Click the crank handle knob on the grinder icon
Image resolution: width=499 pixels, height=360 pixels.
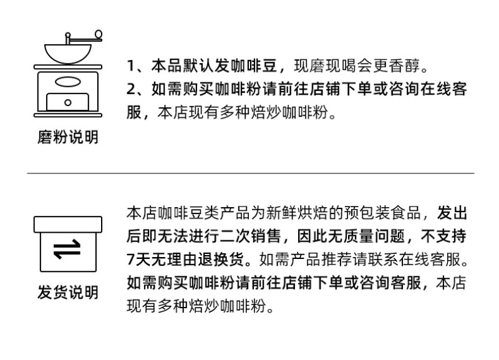[x=99, y=34]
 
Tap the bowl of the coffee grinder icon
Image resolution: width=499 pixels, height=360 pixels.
[x=68, y=54]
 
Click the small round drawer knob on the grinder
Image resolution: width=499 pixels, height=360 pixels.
[x=68, y=102]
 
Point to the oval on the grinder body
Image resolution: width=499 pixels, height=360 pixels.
[x=68, y=82]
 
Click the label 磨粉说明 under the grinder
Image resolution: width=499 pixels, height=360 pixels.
[x=68, y=137]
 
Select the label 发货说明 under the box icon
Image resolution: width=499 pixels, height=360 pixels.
[x=68, y=292]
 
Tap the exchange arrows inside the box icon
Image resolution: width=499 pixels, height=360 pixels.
[x=67, y=249]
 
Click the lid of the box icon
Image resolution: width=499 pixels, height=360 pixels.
[x=68, y=225]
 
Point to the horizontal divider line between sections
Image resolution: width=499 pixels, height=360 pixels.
[x=251, y=173]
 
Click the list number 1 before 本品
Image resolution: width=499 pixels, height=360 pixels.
[x=131, y=66]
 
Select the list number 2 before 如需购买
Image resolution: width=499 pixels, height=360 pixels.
[x=131, y=89]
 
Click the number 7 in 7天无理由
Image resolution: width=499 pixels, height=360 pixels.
[x=131, y=260]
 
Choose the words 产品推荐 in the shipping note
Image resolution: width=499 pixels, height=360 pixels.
[x=321, y=260]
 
